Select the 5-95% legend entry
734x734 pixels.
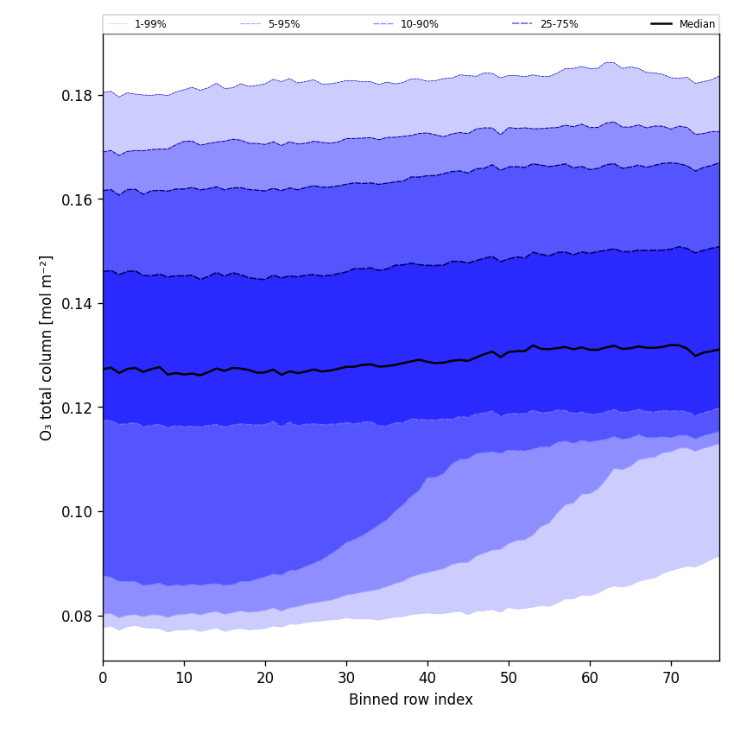[x=283, y=24]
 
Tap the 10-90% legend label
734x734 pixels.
[x=419, y=24]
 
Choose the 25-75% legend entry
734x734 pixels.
[x=559, y=24]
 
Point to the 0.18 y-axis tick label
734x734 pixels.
[x=79, y=95]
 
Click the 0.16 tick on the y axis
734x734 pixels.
[x=79, y=199]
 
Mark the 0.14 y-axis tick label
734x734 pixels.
[x=79, y=304]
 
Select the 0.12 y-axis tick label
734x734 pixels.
[x=79, y=408]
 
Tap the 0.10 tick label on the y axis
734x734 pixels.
[x=79, y=512]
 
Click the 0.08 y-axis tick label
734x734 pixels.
[x=79, y=616]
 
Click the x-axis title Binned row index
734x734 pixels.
[x=411, y=699]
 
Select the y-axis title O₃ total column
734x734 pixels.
[x=47, y=347]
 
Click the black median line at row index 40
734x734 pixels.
[x=427, y=361]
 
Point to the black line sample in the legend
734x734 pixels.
[x=662, y=24]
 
